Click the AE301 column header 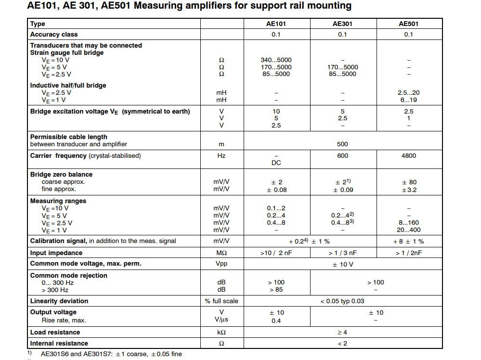342,24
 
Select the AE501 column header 408,24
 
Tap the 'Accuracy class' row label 54,35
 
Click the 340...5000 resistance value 276,60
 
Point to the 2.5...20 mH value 408,93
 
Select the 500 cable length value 342,144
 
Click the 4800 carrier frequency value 408,156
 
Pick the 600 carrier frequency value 342,156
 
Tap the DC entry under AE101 276,163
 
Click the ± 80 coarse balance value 408,182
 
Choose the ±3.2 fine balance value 408,190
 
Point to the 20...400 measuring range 408,230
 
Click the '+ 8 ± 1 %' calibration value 408,241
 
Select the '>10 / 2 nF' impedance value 276,253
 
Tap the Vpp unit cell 221,264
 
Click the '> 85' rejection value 276,290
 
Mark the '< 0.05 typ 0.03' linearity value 342,301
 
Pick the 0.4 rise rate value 276,321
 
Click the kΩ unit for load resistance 221,333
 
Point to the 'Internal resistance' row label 59,344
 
